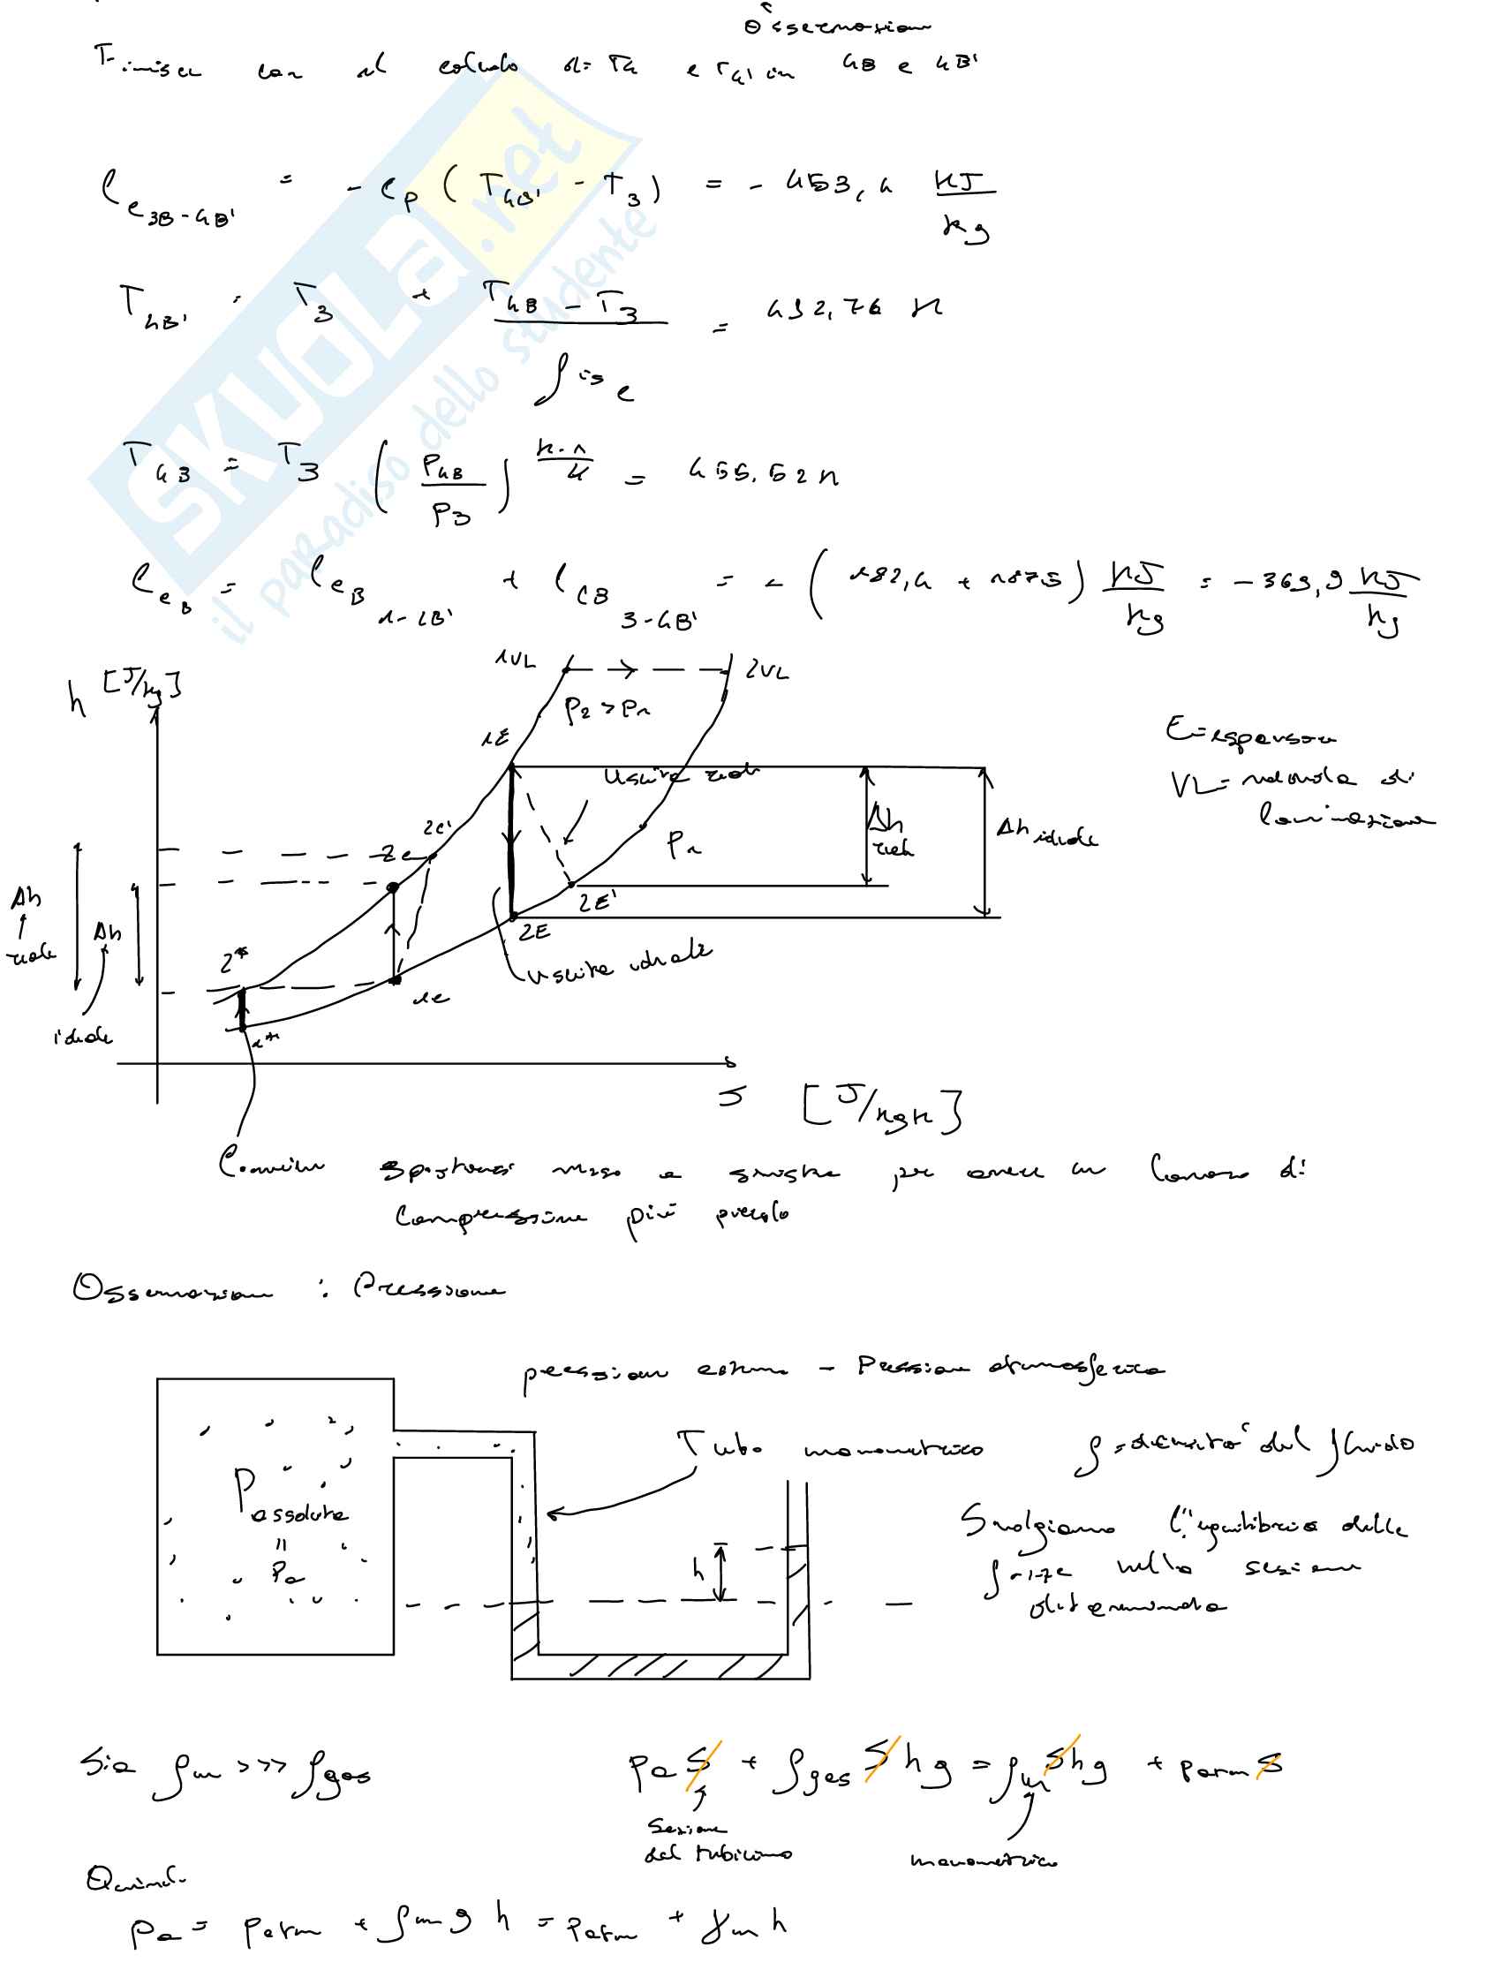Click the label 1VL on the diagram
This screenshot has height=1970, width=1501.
tap(516, 660)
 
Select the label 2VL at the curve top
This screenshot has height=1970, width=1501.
tap(766, 670)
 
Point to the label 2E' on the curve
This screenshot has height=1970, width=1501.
tap(596, 902)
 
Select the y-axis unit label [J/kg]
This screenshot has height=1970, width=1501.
tap(142, 686)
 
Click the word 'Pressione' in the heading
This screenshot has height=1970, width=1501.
tap(428, 1288)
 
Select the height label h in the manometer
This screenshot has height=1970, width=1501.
tap(698, 1570)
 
